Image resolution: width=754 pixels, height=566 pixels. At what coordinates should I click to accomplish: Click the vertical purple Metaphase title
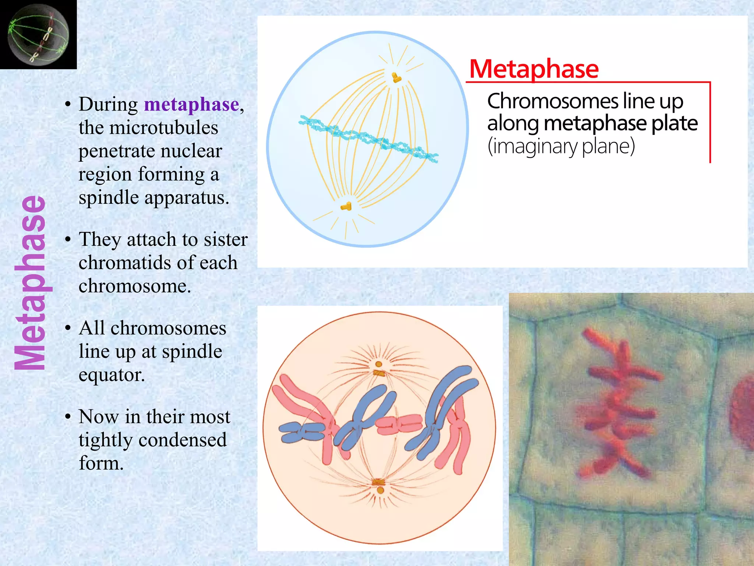coord(31,283)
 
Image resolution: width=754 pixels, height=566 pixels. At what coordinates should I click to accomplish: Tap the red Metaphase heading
coord(534,69)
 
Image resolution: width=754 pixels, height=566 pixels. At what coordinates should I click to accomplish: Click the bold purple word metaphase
coord(191,104)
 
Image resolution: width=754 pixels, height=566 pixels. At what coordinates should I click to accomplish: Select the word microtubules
coord(164,128)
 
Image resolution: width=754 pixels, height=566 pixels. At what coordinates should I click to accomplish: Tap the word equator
coord(112,375)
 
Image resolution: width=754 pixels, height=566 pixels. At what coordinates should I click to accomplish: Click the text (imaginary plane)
coord(561,146)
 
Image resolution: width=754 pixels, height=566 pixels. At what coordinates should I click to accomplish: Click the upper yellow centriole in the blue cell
coord(396,77)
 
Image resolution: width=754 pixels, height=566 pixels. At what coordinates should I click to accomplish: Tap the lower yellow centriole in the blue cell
coord(346,206)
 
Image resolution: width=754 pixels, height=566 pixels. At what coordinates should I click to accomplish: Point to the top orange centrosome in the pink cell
coord(378,369)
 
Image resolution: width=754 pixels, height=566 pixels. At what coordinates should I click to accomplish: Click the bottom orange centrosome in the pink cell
coord(379,486)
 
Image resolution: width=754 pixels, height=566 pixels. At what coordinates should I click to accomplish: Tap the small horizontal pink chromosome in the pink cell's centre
coord(399,424)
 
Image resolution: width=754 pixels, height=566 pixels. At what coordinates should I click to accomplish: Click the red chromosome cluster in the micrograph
coord(619,402)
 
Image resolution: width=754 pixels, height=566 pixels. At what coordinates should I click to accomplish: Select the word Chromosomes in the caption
coord(552,101)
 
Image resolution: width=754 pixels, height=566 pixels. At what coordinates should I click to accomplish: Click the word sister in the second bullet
coord(226,240)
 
